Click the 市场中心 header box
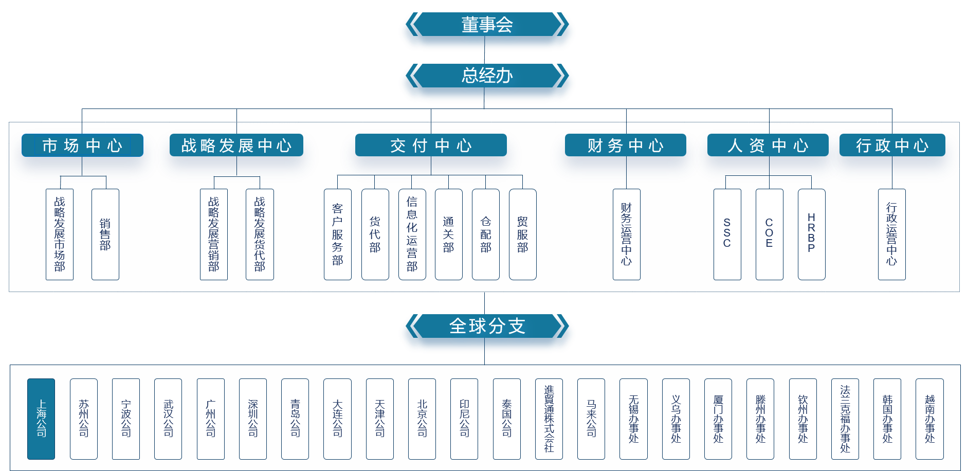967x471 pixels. click(x=82, y=146)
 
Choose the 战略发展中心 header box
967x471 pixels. click(x=236, y=146)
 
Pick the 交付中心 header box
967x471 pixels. click(x=431, y=146)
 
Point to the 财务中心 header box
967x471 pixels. click(x=626, y=146)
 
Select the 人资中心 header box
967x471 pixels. click(x=768, y=146)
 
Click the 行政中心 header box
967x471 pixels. click(x=892, y=146)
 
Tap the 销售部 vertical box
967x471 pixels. click(x=105, y=234)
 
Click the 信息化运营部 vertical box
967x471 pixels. click(x=412, y=234)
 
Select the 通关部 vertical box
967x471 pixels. click(x=449, y=234)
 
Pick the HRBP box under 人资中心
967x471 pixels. click(x=811, y=234)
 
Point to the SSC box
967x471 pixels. click(x=727, y=234)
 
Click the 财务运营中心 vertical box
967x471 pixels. click(x=626, y=234)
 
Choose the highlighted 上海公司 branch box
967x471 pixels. click(x=41, y=419)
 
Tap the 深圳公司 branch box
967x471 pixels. click(x=253, y=419)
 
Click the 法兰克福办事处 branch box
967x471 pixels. click(x=845, y=419)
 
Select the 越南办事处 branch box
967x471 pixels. click(x=929, y=419)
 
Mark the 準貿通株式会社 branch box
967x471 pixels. click(x=549, y=419)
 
